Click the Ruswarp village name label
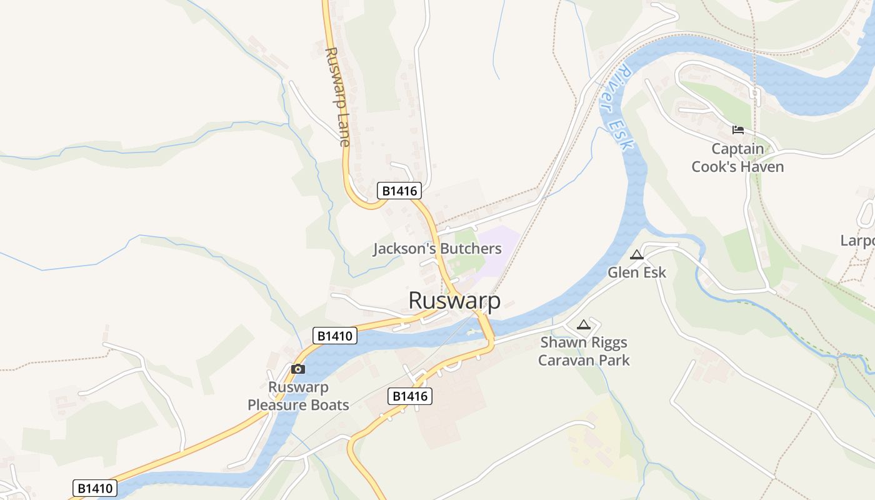point(454,301)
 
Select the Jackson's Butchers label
point(437,249)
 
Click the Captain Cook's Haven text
point(737,157)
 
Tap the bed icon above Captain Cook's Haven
point(738,130)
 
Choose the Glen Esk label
point(637,272)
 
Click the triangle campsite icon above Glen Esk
point(637,254)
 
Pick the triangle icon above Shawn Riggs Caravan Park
point(584,324)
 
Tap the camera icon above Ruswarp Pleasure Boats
point(298,369)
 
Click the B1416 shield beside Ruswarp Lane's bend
point(399,191)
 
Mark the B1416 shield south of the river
point(410,396)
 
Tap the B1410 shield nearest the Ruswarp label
point(335,336)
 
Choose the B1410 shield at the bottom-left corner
point(96,488)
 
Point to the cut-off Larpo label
point(857,241)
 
